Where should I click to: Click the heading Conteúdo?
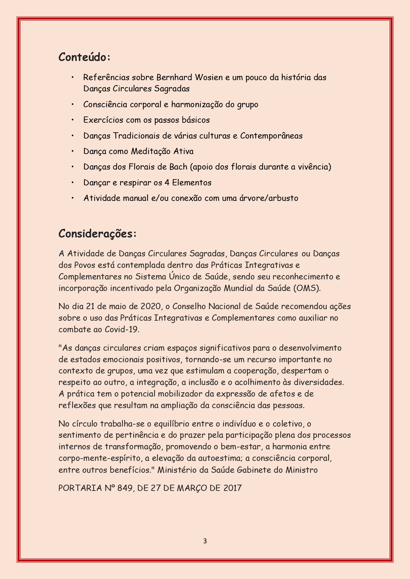84,57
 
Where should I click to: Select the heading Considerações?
97,234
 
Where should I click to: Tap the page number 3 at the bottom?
205,541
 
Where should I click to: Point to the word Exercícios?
103,120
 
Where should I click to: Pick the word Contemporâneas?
271,136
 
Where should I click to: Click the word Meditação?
151,151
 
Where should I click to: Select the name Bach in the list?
178,167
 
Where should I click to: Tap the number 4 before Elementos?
167,182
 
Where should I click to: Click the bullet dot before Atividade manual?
72,198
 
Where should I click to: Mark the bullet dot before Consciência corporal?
72,105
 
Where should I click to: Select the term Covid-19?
122,329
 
